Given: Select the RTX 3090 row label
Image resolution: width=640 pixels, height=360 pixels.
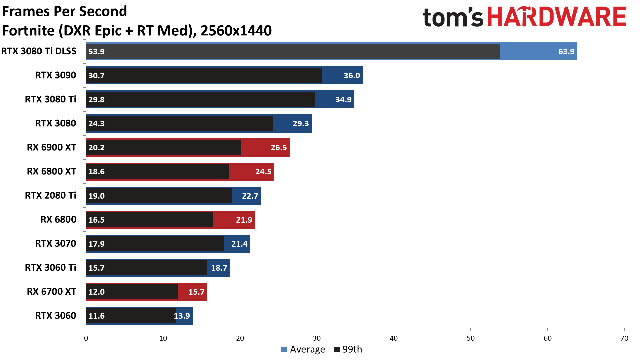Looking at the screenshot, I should (56, 75).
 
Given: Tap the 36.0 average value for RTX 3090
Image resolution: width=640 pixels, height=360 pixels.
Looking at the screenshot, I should (351, 76).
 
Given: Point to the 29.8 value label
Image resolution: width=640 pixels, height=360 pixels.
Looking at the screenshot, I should (96, 100).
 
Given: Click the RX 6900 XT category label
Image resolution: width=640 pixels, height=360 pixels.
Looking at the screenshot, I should (51, 147).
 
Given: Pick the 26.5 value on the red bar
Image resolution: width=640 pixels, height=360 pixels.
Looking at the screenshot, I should (278, 148).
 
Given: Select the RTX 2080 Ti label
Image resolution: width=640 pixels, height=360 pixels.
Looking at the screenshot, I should (50, 195).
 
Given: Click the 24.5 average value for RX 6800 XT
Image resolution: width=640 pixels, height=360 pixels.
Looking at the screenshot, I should (263, 172).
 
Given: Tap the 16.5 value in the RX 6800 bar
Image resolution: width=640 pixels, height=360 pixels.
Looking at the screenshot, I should (96, 220).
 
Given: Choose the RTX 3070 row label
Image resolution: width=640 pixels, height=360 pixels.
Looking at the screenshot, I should (56, 244).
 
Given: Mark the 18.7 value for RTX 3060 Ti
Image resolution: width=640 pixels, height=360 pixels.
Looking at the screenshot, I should (219, 268).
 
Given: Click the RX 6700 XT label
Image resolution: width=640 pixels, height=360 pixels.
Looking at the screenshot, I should (51, 292).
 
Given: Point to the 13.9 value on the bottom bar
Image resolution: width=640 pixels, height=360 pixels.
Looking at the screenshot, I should (182, 316).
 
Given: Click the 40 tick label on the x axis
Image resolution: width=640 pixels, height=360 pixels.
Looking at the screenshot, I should (394, 338).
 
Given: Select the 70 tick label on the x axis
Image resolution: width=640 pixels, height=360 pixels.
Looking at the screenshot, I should (624, 338).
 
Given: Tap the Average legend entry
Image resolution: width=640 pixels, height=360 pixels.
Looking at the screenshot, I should (303, 349).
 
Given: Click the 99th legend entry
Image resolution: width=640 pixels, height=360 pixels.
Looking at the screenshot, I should (348, 349).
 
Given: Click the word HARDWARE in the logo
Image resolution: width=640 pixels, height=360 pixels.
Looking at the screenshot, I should (557, 17).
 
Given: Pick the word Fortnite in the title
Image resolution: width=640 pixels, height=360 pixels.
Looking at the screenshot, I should (28, 31).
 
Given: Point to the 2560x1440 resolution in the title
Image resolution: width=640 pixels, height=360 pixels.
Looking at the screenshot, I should (236, 31).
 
